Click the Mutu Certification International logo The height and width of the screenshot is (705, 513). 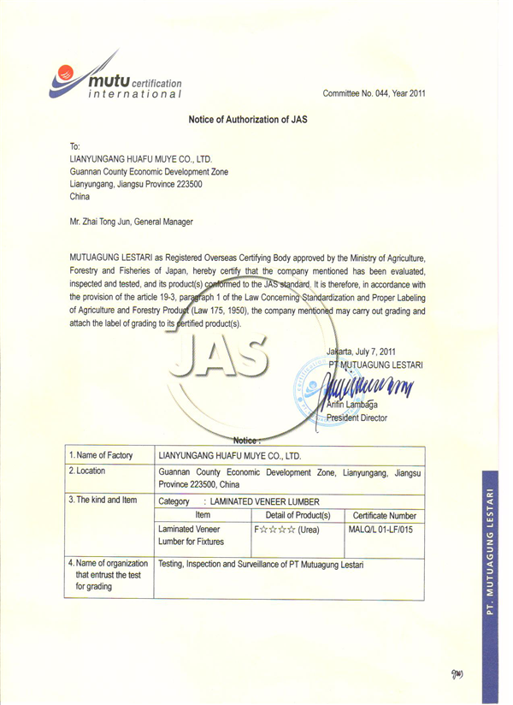coord(115,76)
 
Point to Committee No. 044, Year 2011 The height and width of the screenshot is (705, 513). coord(374,93)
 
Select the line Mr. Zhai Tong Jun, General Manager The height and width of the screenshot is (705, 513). coord(131,222)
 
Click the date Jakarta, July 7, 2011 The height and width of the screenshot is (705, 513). coord(361,352)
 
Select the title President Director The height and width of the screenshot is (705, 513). coord(357,418)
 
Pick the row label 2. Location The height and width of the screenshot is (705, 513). coord(90,471)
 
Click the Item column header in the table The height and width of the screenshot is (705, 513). coord(203,516)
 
